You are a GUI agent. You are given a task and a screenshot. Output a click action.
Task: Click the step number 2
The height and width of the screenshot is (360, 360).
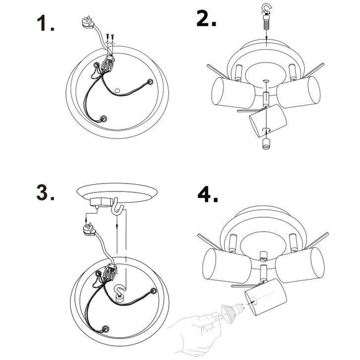point(206,19)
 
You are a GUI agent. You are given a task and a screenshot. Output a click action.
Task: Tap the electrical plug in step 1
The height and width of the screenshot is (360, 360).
point(88,23)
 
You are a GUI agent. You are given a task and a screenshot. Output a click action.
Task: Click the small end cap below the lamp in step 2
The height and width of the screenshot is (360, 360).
point(266,144)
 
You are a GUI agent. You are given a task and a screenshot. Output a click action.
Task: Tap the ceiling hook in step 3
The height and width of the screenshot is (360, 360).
point(117,206)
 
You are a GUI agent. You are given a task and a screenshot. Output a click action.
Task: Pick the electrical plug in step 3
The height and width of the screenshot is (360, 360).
point(89,230)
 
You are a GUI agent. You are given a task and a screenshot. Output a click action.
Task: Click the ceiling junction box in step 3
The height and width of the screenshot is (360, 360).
point(101,203)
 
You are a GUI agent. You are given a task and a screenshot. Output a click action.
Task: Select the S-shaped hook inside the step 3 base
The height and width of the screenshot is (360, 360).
point(121,293)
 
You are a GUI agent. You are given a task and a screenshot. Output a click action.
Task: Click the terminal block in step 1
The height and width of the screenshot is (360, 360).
point(107,64)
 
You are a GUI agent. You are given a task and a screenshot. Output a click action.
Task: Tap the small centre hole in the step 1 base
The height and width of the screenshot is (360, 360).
point(118,91)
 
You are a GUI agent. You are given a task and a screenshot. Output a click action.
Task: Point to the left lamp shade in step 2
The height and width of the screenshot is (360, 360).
point(233,93)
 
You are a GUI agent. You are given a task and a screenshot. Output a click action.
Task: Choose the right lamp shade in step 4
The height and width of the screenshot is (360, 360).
point(299,265)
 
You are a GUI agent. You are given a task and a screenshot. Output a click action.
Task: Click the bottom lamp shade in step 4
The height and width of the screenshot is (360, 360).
point(265,296)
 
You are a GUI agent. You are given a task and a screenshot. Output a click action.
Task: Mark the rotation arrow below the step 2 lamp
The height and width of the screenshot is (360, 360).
point(266,130)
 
